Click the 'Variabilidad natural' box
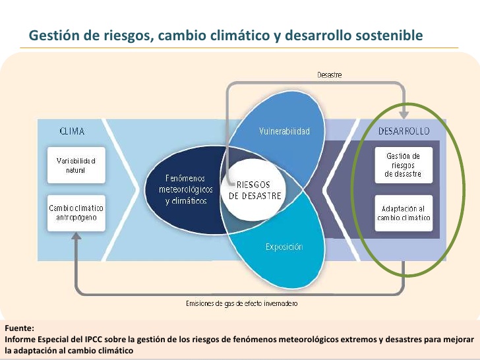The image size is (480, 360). [x=76, y=165]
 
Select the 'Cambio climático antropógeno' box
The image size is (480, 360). [x=76, y=213]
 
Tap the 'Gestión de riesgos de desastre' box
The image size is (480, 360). [x=404, y=165]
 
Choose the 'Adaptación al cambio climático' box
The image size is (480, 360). [x=404, y=213]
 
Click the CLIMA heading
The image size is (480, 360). [x=72, y=131]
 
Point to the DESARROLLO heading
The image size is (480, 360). [x=404, y=131]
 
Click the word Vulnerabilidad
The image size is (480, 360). [x=284, y=131]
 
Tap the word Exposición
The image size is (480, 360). [x=284, y=247]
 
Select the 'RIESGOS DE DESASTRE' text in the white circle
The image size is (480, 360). [x=255, y=190]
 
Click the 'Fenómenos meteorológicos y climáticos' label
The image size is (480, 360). [x=186, y=189]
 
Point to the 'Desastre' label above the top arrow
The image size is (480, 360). [x=330, y=75]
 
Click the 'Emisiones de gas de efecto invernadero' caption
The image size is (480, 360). [x=241, y=303]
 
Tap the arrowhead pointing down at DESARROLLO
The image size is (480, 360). [x=404, y=115]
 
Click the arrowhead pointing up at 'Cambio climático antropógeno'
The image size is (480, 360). [x=76, y=236]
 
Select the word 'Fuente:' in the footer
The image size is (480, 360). [x=19, y=328]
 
